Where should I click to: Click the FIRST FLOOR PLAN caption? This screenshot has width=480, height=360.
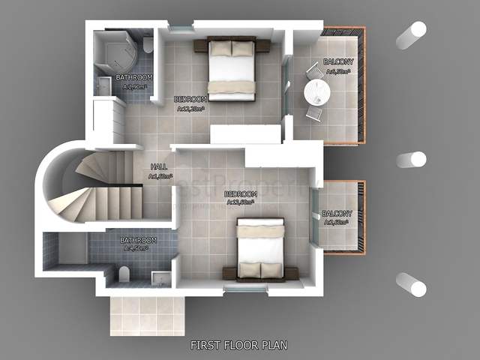(238, 345)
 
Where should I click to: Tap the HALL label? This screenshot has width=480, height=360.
(159, 166)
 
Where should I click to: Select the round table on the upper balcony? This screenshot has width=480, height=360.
(316, 93)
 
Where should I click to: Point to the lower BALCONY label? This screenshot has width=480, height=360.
(337, 214)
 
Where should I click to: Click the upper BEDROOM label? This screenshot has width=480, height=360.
(190, 98)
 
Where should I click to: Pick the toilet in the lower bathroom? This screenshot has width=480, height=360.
(124, 274)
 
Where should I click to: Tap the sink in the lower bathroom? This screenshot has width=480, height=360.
(160, 277)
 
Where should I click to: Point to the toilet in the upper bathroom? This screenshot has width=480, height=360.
(148, 44)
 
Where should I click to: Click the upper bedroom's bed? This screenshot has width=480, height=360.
(231, 67)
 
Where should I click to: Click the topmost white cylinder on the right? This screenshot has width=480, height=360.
(410, 34)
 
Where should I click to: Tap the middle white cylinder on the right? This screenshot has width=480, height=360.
(410, 160)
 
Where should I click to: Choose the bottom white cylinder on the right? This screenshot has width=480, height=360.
(410, 283)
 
